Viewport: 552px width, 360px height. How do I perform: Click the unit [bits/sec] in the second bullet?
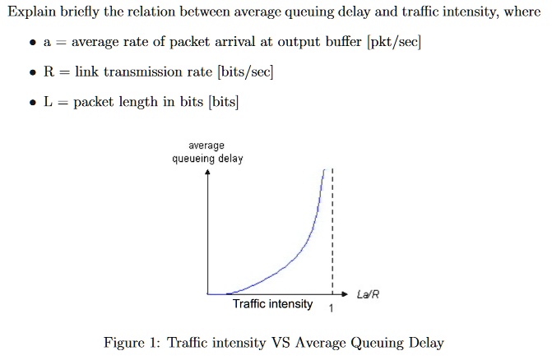pos(245,72)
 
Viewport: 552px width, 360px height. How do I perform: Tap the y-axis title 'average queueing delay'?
pos(207,152)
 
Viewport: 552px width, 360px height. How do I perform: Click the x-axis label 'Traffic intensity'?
pos(272,304)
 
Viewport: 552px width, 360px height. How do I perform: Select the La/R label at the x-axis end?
pos(369,294)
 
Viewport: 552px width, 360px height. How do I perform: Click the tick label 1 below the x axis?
pos(331,310)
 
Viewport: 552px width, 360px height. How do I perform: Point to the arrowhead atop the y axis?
pos(208,173)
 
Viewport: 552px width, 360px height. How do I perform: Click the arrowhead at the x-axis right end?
pos(344,293)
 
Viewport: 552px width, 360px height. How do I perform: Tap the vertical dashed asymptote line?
pos(332,238)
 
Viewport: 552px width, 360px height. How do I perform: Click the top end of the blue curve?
pos(324,171)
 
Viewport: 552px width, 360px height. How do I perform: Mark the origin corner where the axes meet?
pos(208,293)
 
